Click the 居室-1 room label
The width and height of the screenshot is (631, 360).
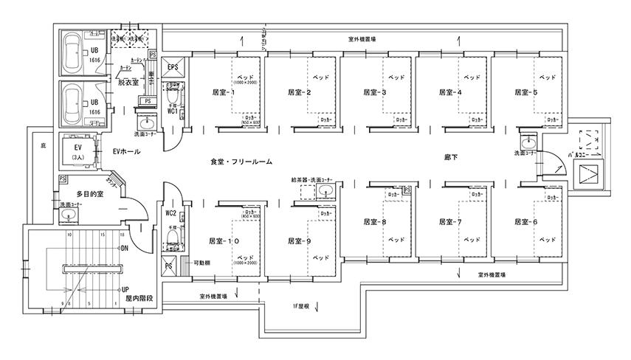(222, 92)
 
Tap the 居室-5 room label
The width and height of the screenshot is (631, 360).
(526, 92)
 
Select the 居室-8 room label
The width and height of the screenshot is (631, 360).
(375, 221)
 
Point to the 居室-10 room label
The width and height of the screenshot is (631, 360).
(224, 240)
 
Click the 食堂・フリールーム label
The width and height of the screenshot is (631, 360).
(241, 160)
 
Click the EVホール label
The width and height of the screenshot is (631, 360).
(126, 151)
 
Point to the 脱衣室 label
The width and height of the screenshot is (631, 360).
(128, 83)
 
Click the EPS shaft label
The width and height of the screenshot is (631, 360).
(173, 68)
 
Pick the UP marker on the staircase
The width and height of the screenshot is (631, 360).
(125, 289)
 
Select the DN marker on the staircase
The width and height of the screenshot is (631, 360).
(125, 249)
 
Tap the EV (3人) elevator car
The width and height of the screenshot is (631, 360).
(76, 150)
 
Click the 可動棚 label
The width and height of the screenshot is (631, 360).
(201, 263)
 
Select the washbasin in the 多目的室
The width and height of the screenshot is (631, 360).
(69, 215)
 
